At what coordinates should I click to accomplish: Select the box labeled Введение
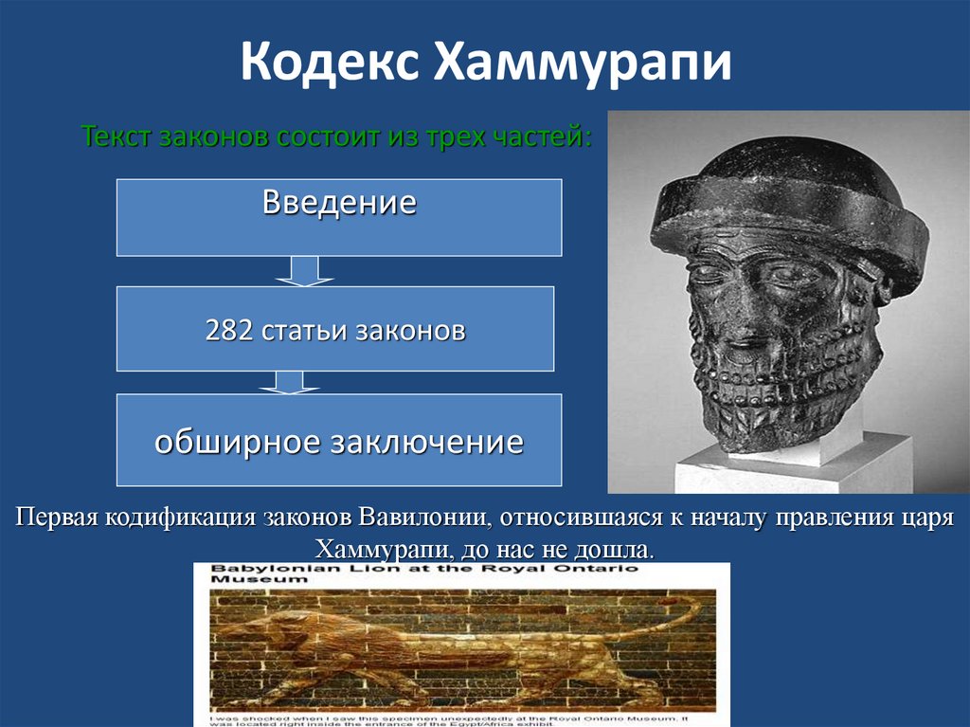point(339,217)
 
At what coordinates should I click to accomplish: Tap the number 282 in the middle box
point(226,331)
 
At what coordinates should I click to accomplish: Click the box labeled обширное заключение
point(339,441)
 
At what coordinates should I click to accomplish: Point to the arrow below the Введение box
point(303,271)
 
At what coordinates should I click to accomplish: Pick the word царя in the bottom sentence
point(923,519)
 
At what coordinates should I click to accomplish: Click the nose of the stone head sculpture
point(748,313)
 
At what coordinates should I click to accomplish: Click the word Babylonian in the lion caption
point(257,571)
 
